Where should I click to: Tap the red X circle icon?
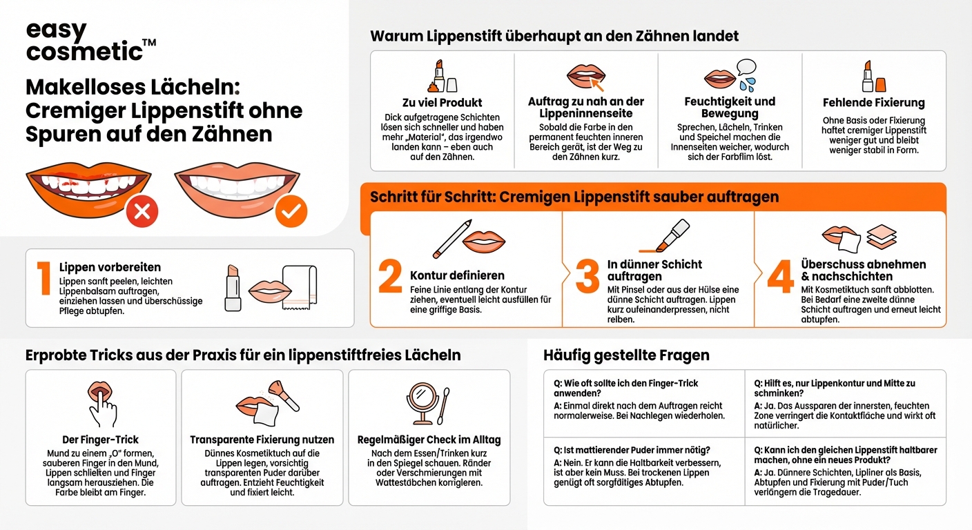point(142,211)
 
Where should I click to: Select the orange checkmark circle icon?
point(291,211)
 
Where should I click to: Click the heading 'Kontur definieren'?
point(457,275)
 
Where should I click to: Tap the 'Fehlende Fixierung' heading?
point(873,103)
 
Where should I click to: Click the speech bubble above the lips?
point(747,68)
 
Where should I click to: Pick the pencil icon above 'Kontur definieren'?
point(452,238)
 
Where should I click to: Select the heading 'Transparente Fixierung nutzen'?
point(262,440)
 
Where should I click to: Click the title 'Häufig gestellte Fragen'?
point(626,355)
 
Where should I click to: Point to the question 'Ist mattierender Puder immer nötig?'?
point(637,450)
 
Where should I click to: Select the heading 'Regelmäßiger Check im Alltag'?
point(429,440)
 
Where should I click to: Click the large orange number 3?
point(587,277)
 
